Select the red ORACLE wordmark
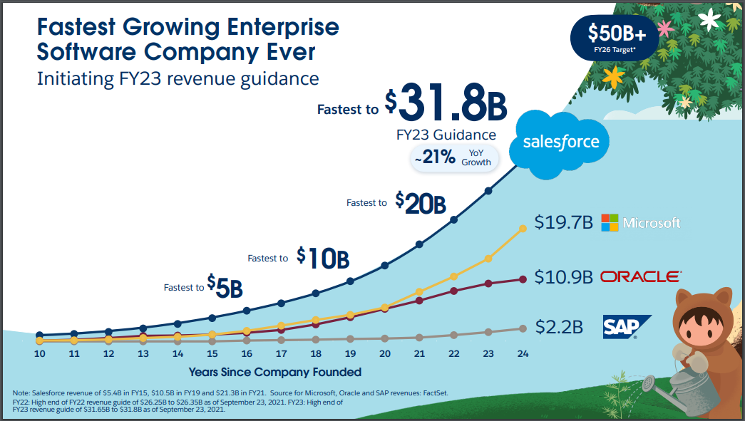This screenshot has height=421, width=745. [x=640, y=276]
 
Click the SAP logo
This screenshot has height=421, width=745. [x=626, y=326]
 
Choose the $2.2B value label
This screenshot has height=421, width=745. [x=559, y=328]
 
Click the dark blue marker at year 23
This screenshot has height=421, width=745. [x=489, y=191]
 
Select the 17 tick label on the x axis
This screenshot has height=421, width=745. [x=281, y=353]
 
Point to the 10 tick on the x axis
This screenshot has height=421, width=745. [x=40, y=353]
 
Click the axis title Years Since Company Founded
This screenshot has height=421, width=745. [x=274, y=372]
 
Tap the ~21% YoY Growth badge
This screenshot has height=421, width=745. [x=455, y=157]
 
